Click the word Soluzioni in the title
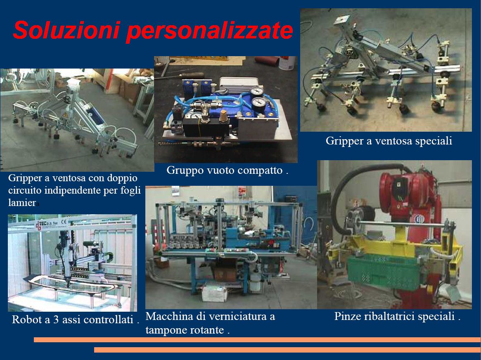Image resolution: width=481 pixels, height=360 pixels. pyautogui.click(x=66, y=30)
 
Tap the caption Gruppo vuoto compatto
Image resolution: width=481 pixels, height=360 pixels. pyautogui.click(x=227, y=170)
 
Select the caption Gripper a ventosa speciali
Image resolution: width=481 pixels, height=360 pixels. pyautogui.click(x=389, y=141)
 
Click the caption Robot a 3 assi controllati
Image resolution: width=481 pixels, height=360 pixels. pyautogui.click(x=76, y=320)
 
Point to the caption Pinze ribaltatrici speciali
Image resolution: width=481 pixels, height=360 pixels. pyautogui.click(x=397, y=316)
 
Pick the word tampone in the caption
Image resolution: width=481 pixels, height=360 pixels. pyautogui.click(x=165, y=330)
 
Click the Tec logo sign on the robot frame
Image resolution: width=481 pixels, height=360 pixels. pyautogui.click(x=51, y=224)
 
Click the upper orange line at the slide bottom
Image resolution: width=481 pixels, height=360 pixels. pyautogui.click(x=257, y=339)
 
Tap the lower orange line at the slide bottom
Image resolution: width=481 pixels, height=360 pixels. pyautogui.click(x=287, y=350)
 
